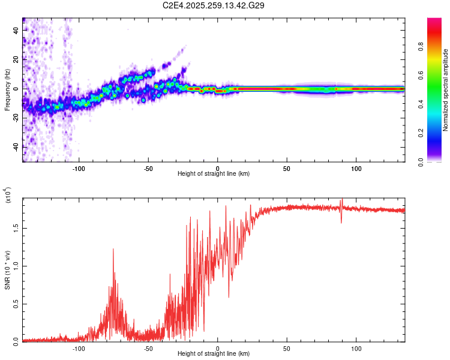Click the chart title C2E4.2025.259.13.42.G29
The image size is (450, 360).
coord(214,5)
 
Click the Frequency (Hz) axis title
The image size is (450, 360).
coord(7,89)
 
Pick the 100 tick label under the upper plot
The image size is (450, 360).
coord(356,168)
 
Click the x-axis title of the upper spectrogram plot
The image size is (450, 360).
coord(214,174)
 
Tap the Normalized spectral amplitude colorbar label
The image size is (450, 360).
coord(445,90)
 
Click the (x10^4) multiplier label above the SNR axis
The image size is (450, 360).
coord(8,196)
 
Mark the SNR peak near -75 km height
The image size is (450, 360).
coord(113,249)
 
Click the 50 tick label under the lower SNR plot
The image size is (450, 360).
coord(287,348)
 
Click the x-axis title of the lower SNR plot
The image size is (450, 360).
coord(214,354)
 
